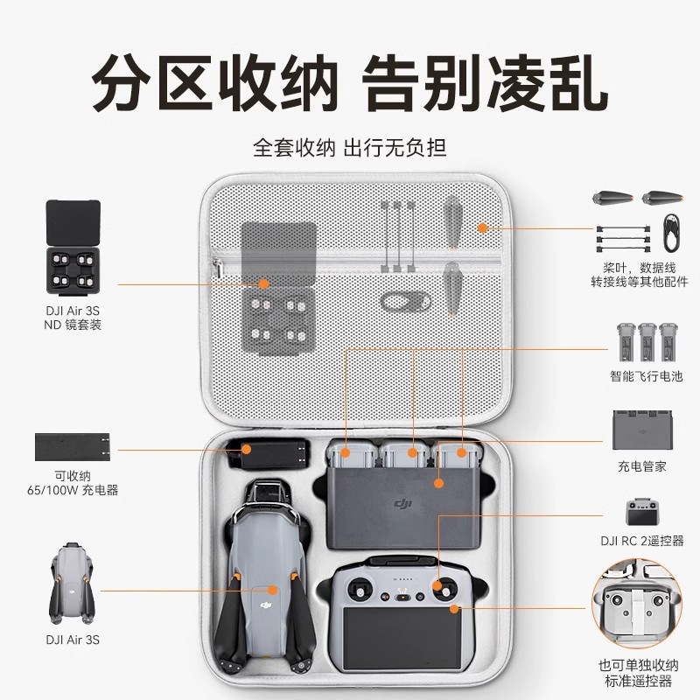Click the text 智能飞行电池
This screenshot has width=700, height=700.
[647, 377]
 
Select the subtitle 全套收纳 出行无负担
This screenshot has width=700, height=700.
[350, 146]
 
